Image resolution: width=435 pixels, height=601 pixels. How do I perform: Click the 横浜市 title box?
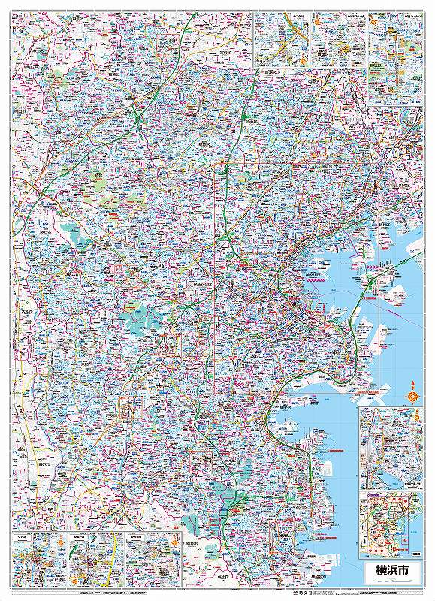pyautogui.click(x=388, y=570)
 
